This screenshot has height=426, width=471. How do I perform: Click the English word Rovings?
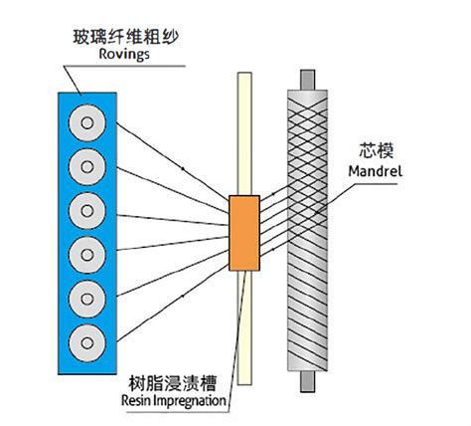point(124,54)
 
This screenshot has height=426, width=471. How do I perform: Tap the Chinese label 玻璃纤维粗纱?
point(125,37)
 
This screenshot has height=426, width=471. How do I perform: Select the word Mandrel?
point(376,171)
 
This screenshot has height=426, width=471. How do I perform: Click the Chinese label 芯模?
point(377,151)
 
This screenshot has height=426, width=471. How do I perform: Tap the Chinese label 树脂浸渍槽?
point(172,383)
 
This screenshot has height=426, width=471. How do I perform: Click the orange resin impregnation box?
point(244,233)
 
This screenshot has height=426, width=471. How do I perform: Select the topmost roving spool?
point(87,123)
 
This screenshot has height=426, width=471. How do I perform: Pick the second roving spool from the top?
point(87,167)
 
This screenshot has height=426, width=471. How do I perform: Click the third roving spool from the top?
point(87,211)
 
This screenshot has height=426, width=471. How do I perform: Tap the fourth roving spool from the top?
point(87,255)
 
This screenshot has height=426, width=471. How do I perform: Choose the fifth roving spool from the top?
point(87,299)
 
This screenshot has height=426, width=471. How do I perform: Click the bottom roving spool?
point(87,342)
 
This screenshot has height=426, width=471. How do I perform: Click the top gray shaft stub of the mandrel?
point(307,80)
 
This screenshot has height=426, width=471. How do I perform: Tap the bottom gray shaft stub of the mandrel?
point(307,381)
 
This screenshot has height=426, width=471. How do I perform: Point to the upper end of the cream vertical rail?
point(244,74)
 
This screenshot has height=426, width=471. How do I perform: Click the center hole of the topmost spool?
point(87,123)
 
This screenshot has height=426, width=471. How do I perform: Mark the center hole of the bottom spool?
point(87,342)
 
